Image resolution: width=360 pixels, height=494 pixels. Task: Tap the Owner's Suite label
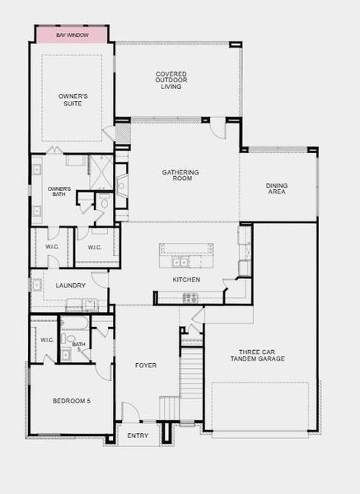click(x=72, y=99)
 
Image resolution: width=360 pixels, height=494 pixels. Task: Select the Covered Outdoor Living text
click(x=171, y=80)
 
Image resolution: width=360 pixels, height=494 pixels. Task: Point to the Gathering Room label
click(x=180, y=175)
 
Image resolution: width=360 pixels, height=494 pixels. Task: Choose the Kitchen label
click(x=186, y=279)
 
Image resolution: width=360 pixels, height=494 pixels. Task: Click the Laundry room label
click(x=71, y=286)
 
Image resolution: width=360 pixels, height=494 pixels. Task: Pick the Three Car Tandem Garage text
click(x=255, y=356)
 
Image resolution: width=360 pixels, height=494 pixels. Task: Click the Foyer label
click(x=145, y=365)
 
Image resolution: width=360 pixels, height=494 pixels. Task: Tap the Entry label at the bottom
click(x=138, y=435)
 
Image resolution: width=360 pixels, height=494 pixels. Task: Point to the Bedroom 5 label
click(x=72, y=401)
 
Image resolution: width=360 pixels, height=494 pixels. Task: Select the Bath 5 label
click(x=78, y=347)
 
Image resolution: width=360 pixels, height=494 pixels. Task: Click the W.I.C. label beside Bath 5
click(x=46, y=339)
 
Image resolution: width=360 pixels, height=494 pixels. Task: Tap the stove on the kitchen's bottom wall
click(x=190, y=298)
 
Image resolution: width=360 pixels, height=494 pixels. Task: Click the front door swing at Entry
click(x=131, y=412)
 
